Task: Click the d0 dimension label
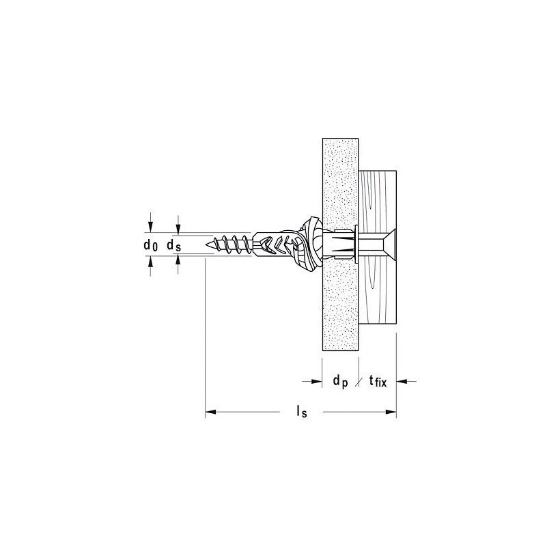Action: click(x=150, y=244)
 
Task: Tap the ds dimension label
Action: click(x=173, y=244)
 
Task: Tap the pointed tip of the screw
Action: click(x=207, y=243)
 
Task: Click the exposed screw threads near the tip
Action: click(x=232, y=243)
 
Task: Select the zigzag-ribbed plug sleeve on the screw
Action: click(x=277, y=243)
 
